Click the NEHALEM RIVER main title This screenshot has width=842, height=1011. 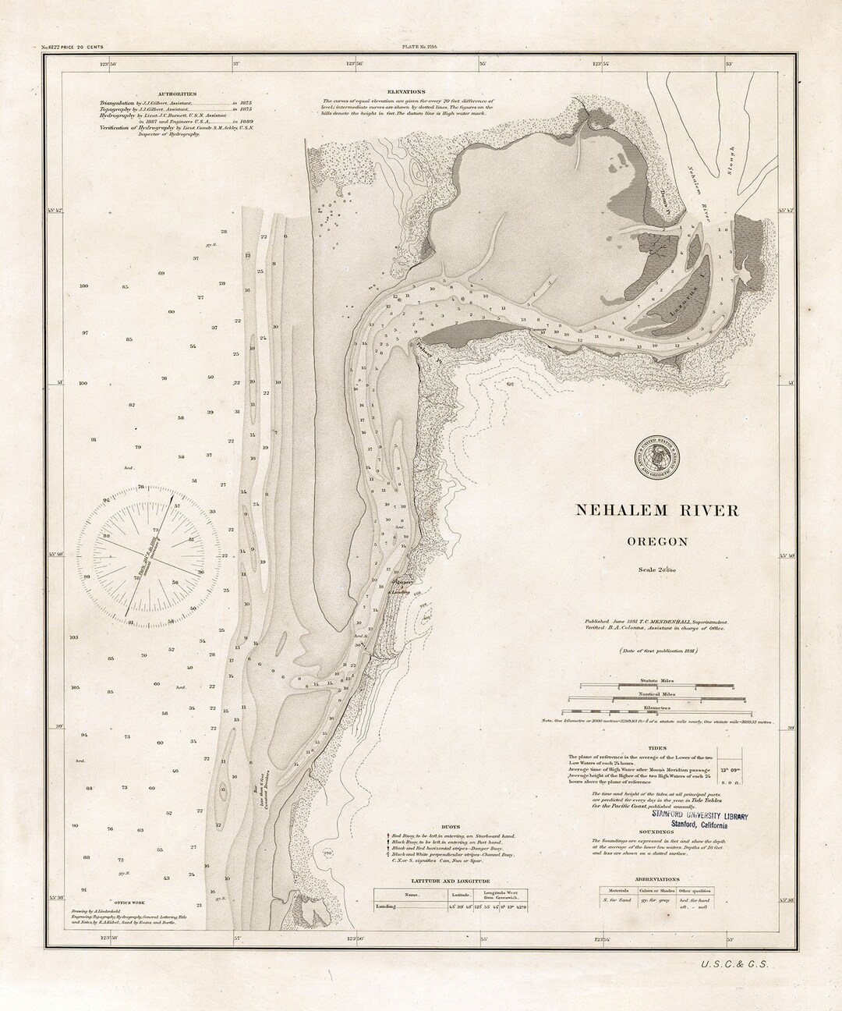coord(656,510)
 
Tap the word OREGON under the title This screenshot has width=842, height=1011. coord(656,541)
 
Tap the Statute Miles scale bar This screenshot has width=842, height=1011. coord(656,686)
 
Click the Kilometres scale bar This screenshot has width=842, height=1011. coord(656,711)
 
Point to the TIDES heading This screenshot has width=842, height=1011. coord(657,747)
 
